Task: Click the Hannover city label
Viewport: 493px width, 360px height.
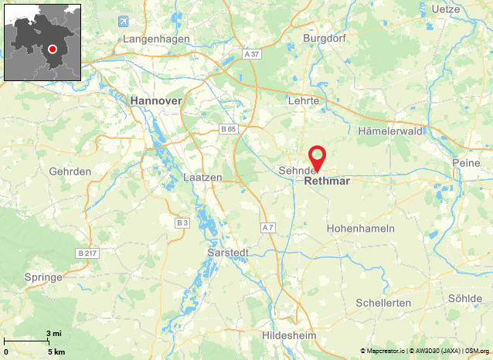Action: pyautogui.click(x=156, y=101)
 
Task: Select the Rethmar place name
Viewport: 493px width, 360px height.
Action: pyautogui.click(x=328, y=182)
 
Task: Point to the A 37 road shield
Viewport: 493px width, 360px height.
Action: pyautogui.click(x=252, y=54)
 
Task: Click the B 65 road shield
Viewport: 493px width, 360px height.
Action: pyautogui.click(x=227, y=128)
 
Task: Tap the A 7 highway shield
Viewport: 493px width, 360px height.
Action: pyautogui.click(x=268, y=228)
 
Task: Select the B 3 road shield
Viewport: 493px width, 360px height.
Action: pyautogui.click(x=182, y=223)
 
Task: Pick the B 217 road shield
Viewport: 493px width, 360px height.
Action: pyautogui.click(x=87, y=253)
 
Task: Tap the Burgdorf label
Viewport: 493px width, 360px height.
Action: pyautogui.click(x=322, y=37)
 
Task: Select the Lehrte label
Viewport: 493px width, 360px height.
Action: pyautogui.click(x=303, y=101)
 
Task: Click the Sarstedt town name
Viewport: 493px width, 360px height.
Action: pyautogui.click(x=228, y=253)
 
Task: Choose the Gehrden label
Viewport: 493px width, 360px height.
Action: pyautogui.click(x=70, y=171)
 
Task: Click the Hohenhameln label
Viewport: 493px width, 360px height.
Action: pyautogui.click(x=361, y=229)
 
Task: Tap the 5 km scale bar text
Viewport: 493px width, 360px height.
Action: pyautogui.click(x=56, y=352)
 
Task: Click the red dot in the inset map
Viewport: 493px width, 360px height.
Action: pyautogui.click(x=53, y=49)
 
